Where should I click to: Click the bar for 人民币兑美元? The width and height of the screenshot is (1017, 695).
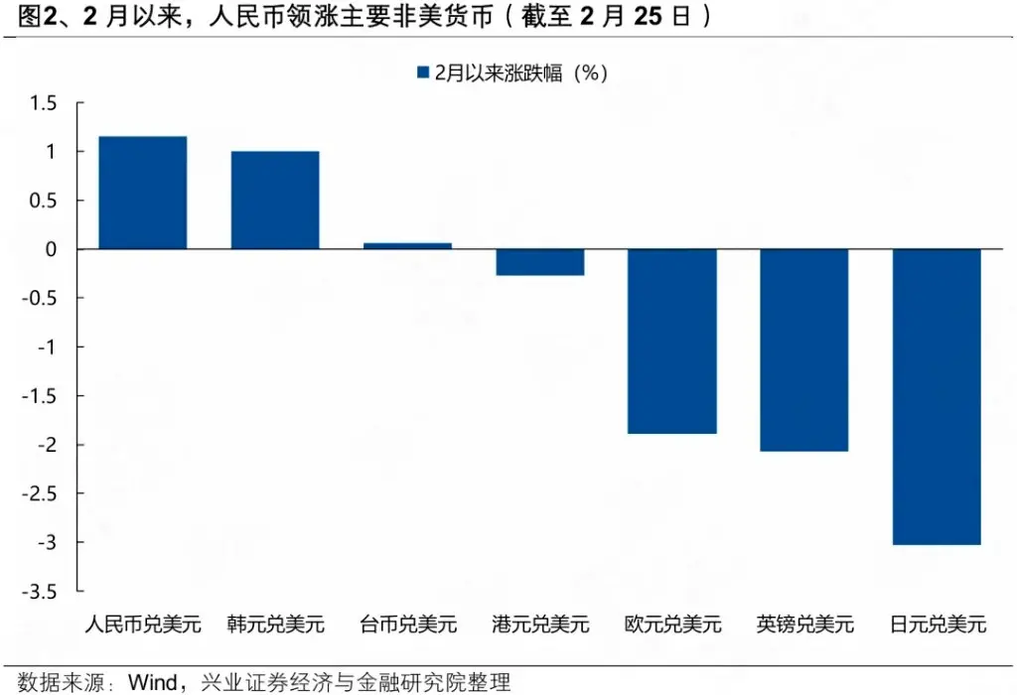pos(143,193)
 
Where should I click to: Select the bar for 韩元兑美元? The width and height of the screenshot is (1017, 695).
pos(275,200)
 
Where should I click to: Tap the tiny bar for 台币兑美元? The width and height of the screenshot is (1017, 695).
pos(407,245)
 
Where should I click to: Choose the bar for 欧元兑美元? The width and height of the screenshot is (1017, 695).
pos(672,341)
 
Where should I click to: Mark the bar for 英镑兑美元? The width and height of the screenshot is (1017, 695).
pos(804,349)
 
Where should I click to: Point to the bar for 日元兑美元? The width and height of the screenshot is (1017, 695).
pos(937,396)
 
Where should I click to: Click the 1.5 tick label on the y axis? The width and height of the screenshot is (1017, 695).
pos(44,103)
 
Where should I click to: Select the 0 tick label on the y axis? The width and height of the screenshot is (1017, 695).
pos(51,249)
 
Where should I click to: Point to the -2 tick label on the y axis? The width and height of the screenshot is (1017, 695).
pos(47,445)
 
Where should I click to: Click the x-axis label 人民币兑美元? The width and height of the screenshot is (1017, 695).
pos(143,625)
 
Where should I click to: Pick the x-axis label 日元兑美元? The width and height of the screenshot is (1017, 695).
pos(938,625)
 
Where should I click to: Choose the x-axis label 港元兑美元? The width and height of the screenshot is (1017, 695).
pos(540,625)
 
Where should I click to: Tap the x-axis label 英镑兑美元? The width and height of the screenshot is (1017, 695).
pos(804,625)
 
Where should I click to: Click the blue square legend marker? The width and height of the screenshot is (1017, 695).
pos(422,71)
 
